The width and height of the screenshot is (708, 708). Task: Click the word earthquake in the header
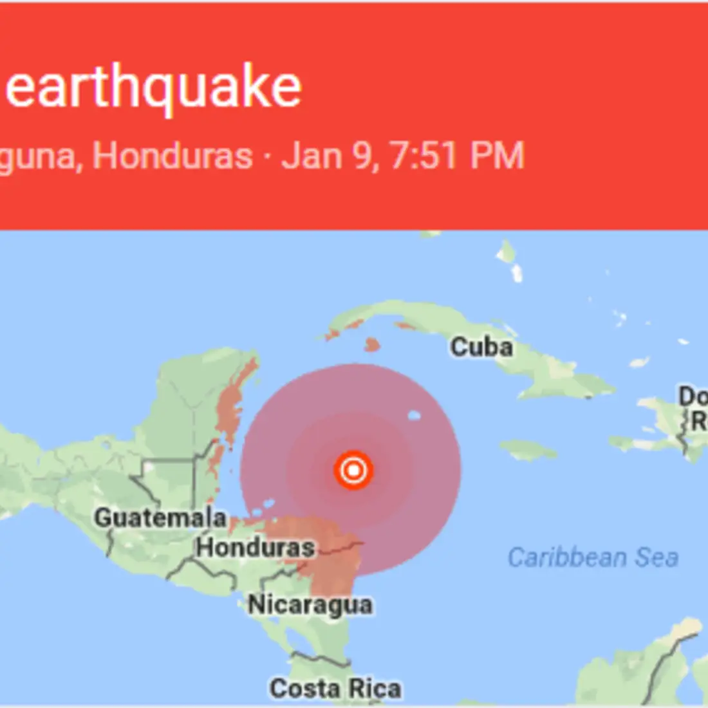[x=153, y=88]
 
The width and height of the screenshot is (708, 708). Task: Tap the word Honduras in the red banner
[x=172, y=156]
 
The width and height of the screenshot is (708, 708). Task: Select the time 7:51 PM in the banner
[x=458, y=156]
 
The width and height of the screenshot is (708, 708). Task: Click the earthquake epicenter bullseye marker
[x=353, y=470]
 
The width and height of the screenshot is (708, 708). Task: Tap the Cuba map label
[x=481, y=347]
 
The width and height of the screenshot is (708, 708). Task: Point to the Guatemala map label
[x=160, y=517]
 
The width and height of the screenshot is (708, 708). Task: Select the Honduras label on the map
[x=256, y=548]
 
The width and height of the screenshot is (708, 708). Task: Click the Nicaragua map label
[x=310, y=605]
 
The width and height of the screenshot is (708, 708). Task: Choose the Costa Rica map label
[x=335, y=689]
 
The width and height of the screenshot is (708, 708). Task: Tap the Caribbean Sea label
[x=593, y=557]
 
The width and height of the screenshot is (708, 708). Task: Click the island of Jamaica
[x=528, y=449]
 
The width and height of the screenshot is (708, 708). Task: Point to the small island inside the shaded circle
[x=414, y=416]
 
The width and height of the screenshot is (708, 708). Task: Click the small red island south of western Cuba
[x=372, y=346]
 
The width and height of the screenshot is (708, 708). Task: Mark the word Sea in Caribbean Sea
[x=657, y=557]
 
